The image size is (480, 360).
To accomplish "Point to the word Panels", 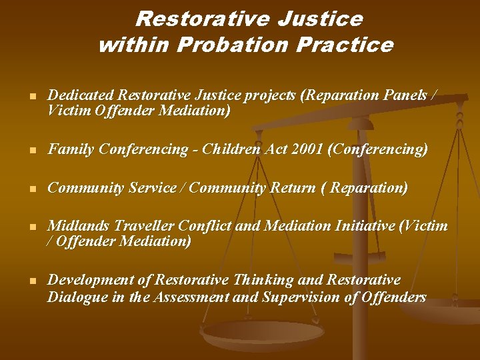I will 406,96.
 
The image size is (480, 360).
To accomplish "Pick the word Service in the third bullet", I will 151,188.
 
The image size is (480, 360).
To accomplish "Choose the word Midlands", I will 79,226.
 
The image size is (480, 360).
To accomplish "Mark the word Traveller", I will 145,226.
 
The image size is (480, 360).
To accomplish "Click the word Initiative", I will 361,226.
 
